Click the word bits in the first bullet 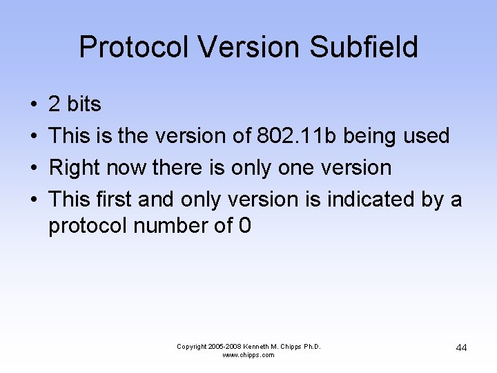(x=84, y=105)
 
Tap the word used (x=427, y=137)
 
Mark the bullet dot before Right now (x=34, y=169)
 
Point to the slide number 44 (x=461, y=347)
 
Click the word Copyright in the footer (x=191, y=347)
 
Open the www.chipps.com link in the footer (x=248, y=355)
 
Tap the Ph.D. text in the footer (x=311, y=347)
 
